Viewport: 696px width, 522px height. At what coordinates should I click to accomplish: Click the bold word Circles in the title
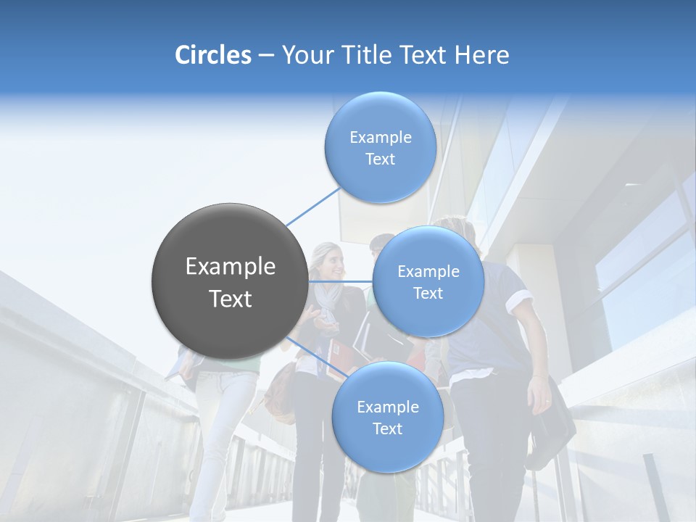[212, 55]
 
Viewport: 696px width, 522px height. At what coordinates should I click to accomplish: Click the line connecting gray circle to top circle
[314, 206]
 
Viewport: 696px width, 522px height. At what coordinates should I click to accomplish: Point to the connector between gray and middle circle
[341, 281]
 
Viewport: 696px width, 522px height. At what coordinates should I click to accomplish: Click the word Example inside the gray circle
[231, 267]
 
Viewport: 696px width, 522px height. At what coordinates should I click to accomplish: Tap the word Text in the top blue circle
[380, 159]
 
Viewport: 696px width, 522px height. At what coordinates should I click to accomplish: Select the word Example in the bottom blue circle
[387, 407]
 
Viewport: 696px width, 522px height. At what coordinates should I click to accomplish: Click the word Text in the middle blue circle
[428, 293]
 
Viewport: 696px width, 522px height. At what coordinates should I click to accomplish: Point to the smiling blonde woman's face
[330, 263]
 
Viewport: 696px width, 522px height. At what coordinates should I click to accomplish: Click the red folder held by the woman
[338, 359]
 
